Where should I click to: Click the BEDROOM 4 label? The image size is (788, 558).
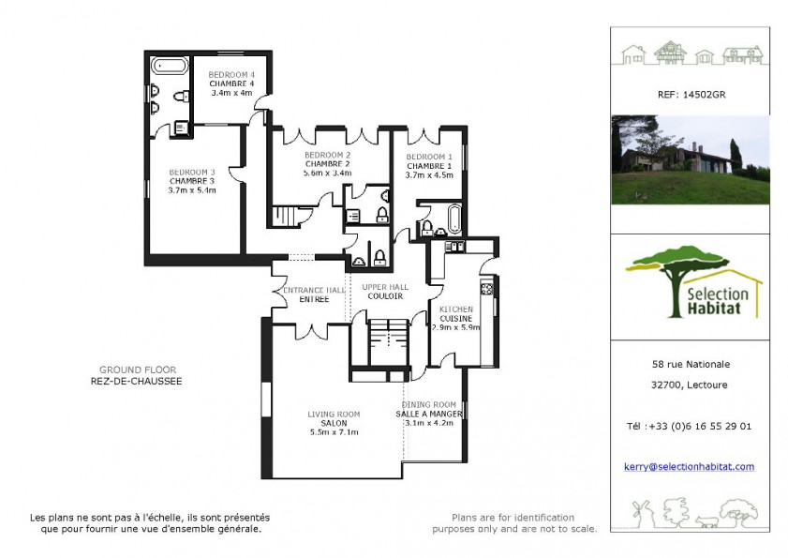tap(231, 74)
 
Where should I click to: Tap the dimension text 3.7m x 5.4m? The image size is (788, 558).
tap(192, 190)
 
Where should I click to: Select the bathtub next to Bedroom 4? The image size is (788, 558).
tap(170, 68)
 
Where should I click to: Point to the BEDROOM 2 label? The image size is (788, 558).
tap(328, 155)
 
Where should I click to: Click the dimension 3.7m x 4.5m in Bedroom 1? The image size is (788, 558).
tap(429, 174)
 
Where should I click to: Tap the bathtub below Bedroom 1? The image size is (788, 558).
tap(454, 219)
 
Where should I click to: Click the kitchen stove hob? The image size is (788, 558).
tap(486, 288)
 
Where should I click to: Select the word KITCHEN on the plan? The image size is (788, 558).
tap(456, 309)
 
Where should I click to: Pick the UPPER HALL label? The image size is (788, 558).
tap(385, 287)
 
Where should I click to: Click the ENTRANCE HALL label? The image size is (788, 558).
tap(314, 290)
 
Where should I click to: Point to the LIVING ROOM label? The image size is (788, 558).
tap(335, 414)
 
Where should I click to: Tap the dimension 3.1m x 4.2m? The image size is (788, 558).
tap(429, 423)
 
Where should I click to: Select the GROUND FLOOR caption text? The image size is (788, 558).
tap(138, 369)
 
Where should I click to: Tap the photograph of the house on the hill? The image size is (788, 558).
tap(690, 159)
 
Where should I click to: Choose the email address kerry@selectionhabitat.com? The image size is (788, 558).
tap(689, 467)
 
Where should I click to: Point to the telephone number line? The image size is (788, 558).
tap(689, 426)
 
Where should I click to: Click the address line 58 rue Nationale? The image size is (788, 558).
tap(690, 365)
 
